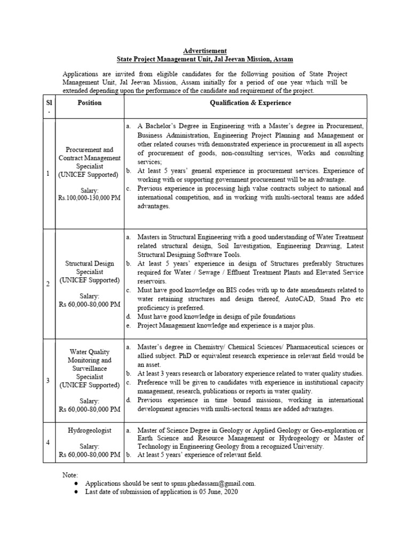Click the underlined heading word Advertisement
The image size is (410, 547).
pyautogui.click(x=205, y=51)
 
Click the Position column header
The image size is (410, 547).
pyautogui.click(x=89, y=103)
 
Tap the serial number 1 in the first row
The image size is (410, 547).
pyautogui.click(x=48, y=173)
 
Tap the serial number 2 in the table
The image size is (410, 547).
pyautogui.click(x=48, y=284)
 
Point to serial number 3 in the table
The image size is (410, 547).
pyautogui.click(x=48, y=380)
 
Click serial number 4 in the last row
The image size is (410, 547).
pyautogui.click(x=48, y=442)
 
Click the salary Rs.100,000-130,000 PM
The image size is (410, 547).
pyautogui.click(x=89, y=197)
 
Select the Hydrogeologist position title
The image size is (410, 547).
pyautogui.click(x=89, y=431)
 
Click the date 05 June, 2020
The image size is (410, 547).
pyautogui.click(x=220, y=491)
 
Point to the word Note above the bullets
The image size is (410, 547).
pyautogui.click(x=70, y=474)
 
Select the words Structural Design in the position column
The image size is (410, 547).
pyautogui.click(x=89, y=263)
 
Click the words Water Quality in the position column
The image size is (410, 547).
pyautogui.click(x=89, y=352)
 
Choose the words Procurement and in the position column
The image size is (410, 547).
pyautogui.click(x=89, y=150)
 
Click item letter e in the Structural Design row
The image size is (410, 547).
pyautogui.click(x=128, y=325)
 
